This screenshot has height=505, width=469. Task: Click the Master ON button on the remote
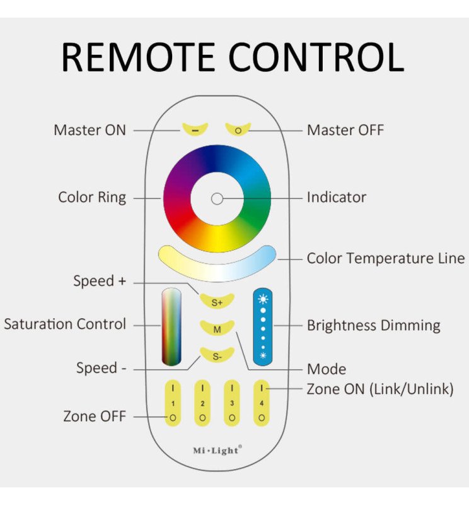(195, 129)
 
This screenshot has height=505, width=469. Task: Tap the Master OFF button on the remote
(238, 129)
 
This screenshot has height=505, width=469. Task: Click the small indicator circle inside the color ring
(217, 198)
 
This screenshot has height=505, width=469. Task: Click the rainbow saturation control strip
(171, 327)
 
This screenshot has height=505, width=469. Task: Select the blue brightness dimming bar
(263, 326)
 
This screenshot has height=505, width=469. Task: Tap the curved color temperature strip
(217, 262)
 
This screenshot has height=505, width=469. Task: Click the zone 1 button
(173, 402)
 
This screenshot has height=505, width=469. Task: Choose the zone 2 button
(202, 402)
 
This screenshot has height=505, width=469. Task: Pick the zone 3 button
(232, 402)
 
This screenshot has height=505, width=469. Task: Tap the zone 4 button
(262, 402)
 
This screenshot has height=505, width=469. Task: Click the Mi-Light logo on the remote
(217, 450)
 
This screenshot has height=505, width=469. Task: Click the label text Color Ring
(92, 198)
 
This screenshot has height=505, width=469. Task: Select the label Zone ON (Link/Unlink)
(379, 389)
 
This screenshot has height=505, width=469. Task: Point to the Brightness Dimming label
(373, 326)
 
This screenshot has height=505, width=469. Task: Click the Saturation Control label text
(65, 324)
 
